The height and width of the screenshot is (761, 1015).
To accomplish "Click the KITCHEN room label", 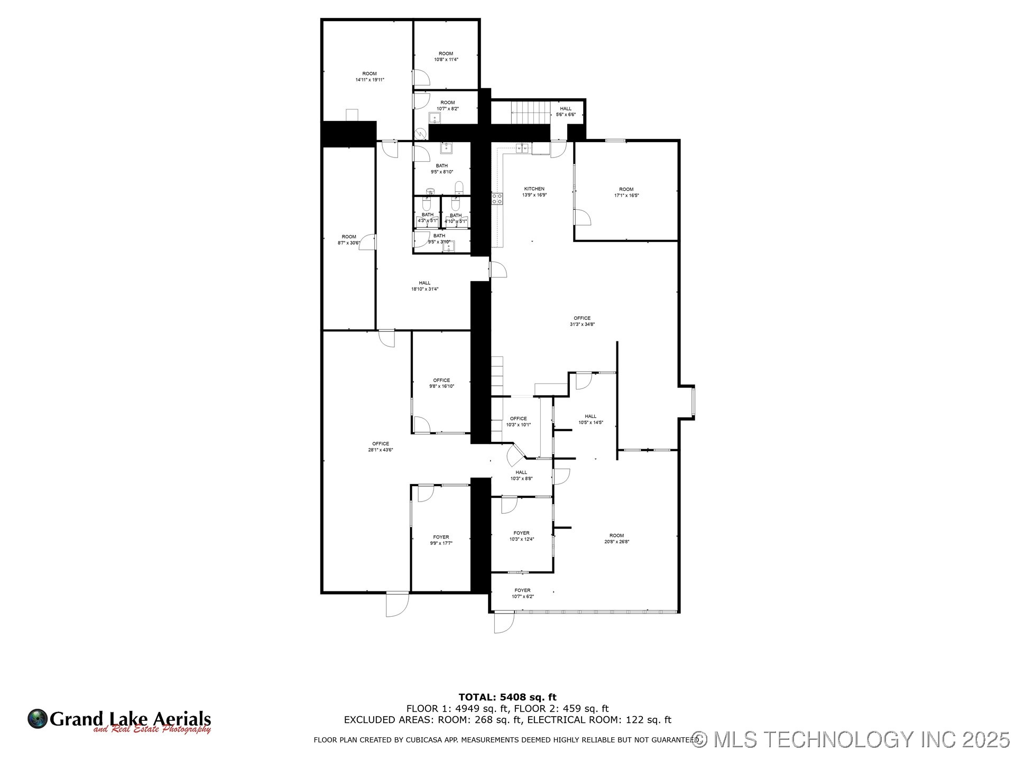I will (534, 192).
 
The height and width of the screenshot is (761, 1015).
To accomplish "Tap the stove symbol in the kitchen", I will (497, 199).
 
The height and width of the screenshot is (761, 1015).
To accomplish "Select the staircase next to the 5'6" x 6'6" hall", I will (531, 112).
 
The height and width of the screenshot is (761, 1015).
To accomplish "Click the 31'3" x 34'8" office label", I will (582, 321).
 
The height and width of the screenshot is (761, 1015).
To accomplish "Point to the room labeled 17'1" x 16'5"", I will (626, 192).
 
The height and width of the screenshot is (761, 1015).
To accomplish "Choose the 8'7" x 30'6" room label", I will (349, 240).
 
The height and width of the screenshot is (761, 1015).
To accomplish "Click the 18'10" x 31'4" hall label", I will (425, 286).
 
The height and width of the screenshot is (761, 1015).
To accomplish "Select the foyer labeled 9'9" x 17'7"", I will (441, 540).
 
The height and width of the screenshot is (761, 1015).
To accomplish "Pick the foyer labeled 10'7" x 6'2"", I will (522, 593).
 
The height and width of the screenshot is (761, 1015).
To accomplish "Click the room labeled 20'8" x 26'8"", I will (616, 539).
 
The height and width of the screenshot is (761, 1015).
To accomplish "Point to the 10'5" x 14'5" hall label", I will (590, 420).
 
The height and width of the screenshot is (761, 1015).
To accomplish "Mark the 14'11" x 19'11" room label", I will (370, 77).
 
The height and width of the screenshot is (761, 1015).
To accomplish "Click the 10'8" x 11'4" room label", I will (446, 57).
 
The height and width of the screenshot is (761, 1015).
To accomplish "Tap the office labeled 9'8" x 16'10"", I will (441, 383).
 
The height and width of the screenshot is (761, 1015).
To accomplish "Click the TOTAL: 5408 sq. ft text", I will (507, 697).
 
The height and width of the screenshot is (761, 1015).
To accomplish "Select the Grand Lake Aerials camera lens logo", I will (38, 719).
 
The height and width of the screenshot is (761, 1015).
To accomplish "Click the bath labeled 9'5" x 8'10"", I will (441, 169).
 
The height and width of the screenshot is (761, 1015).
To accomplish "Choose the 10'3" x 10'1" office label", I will (518, 422).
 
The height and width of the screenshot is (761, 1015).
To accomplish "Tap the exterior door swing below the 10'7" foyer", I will (503, 623).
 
